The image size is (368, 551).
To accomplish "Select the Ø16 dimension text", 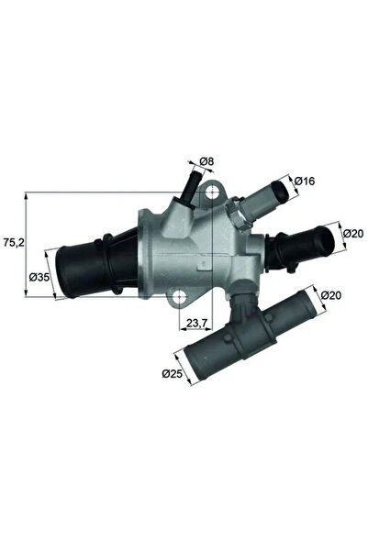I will click(x=304, y=181).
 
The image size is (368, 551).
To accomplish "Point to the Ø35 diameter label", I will click(x=39, y=278).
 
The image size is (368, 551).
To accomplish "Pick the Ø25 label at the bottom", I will click(x=172, y=373).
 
